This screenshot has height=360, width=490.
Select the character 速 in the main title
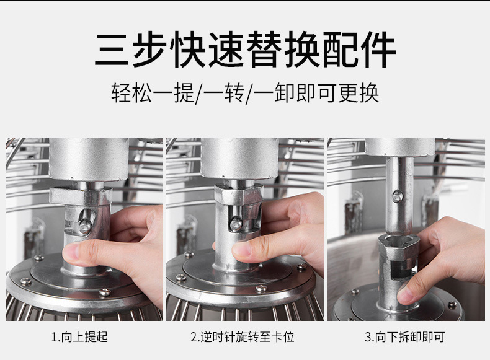(x=220, y=50)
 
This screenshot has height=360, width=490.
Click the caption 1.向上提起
(x=79, y=337)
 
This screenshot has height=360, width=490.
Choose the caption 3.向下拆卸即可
(x=404, y=337)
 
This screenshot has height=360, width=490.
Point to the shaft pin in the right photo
(x=397, y=197)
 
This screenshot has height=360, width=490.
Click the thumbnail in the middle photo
(x=242, y=249)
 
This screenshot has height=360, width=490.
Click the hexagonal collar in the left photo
(x=81, y=196)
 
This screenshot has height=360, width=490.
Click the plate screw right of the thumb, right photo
(x=452, y=304)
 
